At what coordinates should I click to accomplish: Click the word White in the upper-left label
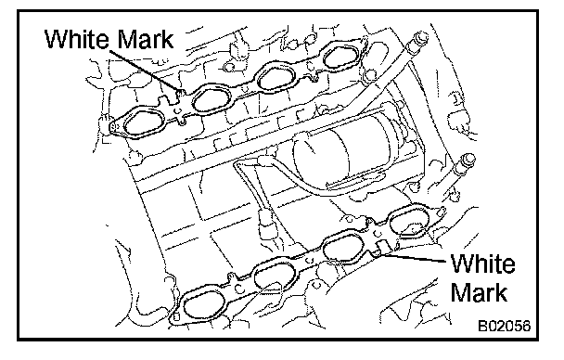pyautogui.click(x=78, y=39)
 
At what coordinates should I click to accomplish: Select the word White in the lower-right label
pyautogui.click(x=482, y=264)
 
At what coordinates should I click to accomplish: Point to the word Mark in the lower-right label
pyautogui.click(x=479, y=292)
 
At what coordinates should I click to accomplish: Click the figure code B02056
pyautogui.click(x=505, y=326)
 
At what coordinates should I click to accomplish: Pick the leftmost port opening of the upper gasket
pyautogui.click(x=144, y=124)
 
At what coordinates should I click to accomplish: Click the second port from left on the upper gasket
pyautogui.click(x=211, y=99)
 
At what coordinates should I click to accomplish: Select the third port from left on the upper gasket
pyautogui.click(x=276, y=77)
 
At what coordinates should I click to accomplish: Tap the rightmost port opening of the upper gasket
pyautogui.click(x=341, y=55)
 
